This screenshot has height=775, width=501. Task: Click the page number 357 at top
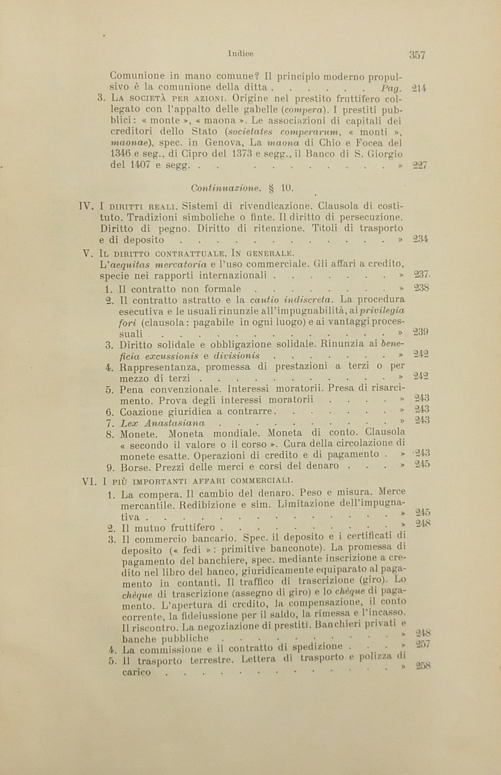point(417,55)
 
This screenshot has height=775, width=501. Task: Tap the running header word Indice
point(240,53)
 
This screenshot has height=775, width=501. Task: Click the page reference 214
point(419,88)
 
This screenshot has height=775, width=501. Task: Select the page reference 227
point(420,166)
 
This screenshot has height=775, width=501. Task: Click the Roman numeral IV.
point(85,206)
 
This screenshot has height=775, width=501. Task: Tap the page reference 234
point(420,239)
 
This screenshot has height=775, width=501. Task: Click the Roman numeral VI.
point(89,481)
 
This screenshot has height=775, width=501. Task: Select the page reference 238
point(421,288)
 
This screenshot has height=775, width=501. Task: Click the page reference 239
point(421,332)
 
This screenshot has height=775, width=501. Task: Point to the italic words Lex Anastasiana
point(162,423)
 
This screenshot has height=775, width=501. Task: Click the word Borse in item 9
point(135,467)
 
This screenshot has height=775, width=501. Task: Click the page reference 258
point(423,666)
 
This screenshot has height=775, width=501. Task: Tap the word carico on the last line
point(137,672)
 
